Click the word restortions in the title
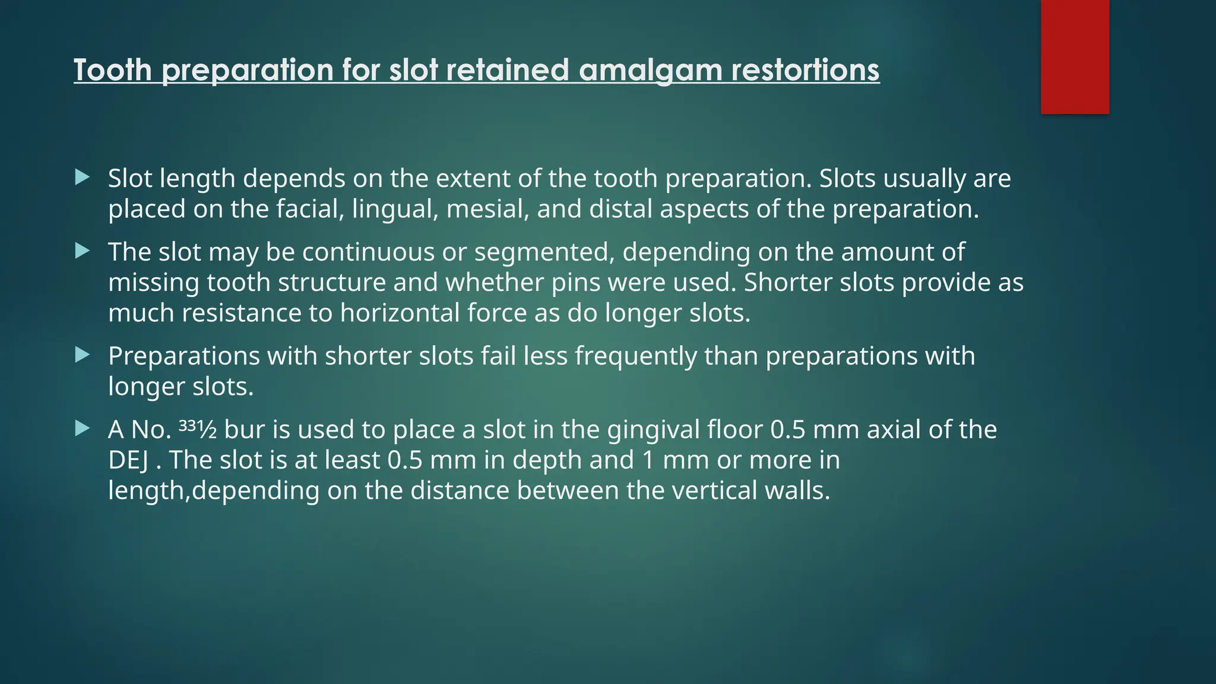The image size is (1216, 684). click(805, 70)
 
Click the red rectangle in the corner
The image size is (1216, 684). click(1075, 57)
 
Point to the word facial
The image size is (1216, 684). click(310, 209)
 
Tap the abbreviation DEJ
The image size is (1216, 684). click(128, 460)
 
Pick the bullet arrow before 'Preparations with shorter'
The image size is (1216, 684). click(83, 355)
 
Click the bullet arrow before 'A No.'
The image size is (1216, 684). click(83, 428)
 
